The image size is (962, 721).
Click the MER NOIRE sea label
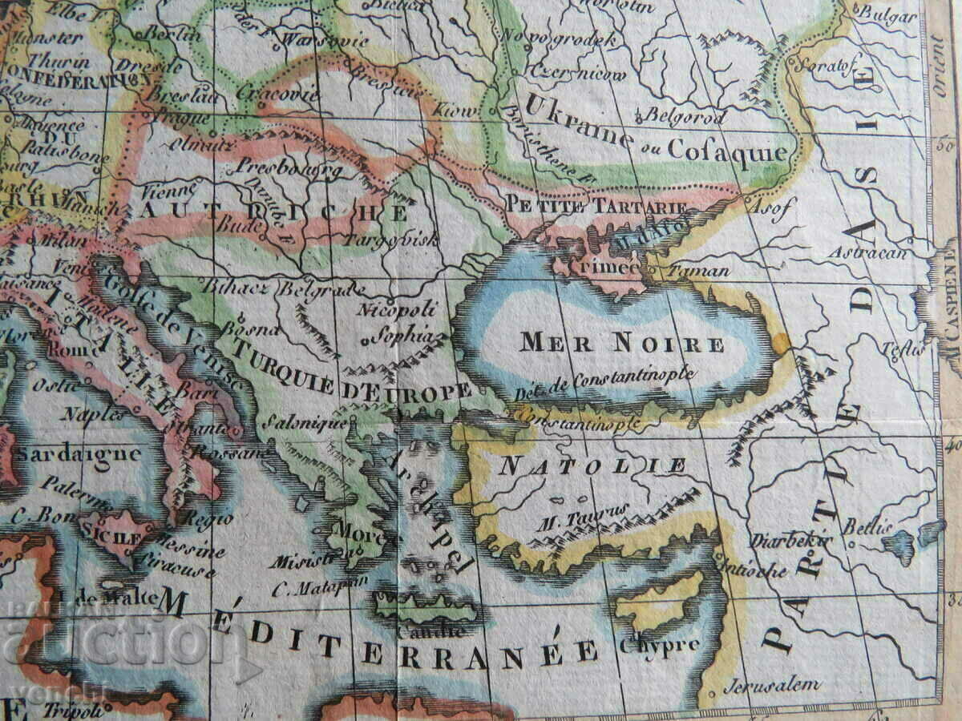(x=622, y=344)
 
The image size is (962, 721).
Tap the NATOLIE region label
(x=593, y=465)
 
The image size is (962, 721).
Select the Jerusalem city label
(x=771, y=686)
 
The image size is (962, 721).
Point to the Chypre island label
(x=659, y=644)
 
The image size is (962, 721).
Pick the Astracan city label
(x=867, y=253)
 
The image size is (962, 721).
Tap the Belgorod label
(x=685, y=116)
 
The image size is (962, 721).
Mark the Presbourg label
(x=289, y=169)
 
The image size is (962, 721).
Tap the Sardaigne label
(x=78, y=454)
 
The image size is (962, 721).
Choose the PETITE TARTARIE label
(x=596, y=206)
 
